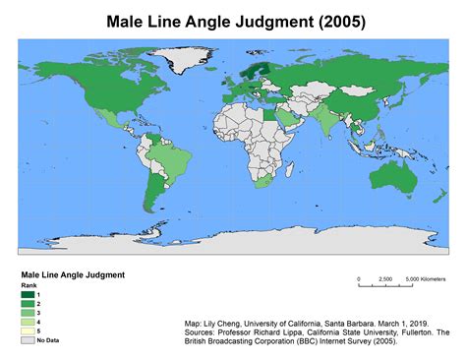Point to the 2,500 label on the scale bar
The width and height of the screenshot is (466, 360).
(x=386, y=279)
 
